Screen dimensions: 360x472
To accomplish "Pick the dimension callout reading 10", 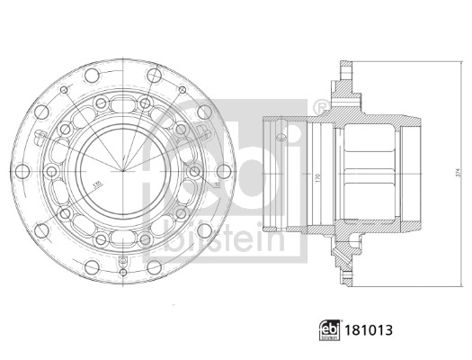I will pos(215,184).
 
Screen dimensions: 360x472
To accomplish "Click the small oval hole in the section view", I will pos(281,138).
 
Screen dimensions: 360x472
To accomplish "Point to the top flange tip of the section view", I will pos(344,65).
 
